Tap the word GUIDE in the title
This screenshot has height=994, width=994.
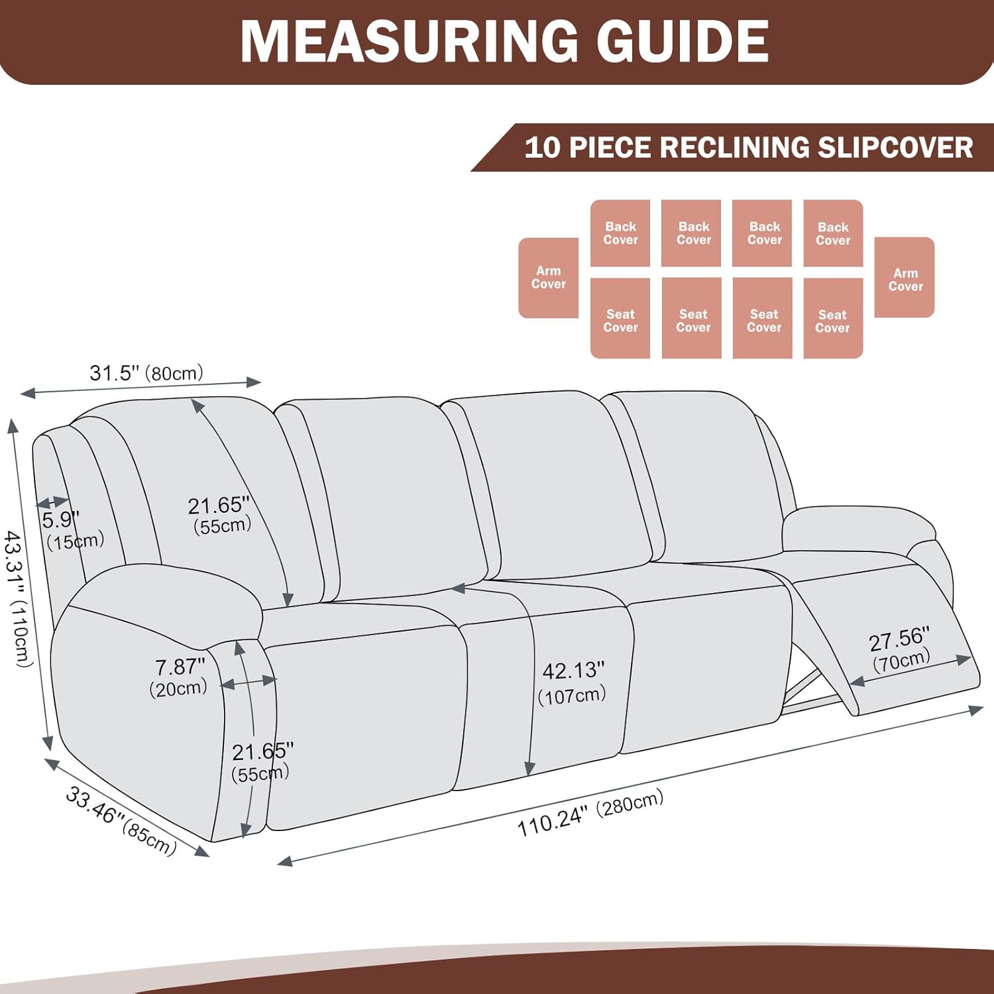pos(683,41)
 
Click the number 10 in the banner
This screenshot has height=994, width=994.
pos(542,147)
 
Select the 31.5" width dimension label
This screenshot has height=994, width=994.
pos(114,373)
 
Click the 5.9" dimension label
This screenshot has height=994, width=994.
pos(60,520)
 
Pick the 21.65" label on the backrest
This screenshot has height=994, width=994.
pos(218,506)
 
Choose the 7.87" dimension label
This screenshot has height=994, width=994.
pos(180,667)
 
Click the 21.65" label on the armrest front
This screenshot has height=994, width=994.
pos(262,751)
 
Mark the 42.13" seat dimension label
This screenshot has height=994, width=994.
pos(573,671)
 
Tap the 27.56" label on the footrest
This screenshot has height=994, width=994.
pos(899,639)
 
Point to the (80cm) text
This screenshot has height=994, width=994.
pos(174,373)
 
